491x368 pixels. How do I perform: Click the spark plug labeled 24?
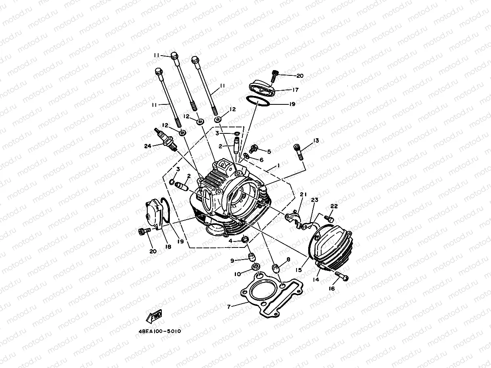tap(165, 139)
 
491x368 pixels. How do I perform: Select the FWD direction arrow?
tap(154, 316)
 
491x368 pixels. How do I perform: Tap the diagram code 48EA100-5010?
tap(160, 331)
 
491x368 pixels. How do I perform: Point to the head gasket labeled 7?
tap(272, 295)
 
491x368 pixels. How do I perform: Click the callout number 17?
tap(295, 89)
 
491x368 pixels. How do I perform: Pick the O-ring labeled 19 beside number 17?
tap(257, 101)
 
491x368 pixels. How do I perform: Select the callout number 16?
tap(332, 289)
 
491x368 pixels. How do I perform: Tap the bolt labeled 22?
tap(329, 218)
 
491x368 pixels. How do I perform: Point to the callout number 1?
tap(278, 166)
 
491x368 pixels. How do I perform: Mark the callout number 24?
tap(148, 146)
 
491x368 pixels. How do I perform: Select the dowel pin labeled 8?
tap(276, 268)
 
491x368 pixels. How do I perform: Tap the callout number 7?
tap(229, 307)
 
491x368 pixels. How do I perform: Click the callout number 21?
tap(303, 194)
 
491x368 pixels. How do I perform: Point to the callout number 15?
tap(299, 270)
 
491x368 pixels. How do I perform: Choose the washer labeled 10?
tap(255, 267)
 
